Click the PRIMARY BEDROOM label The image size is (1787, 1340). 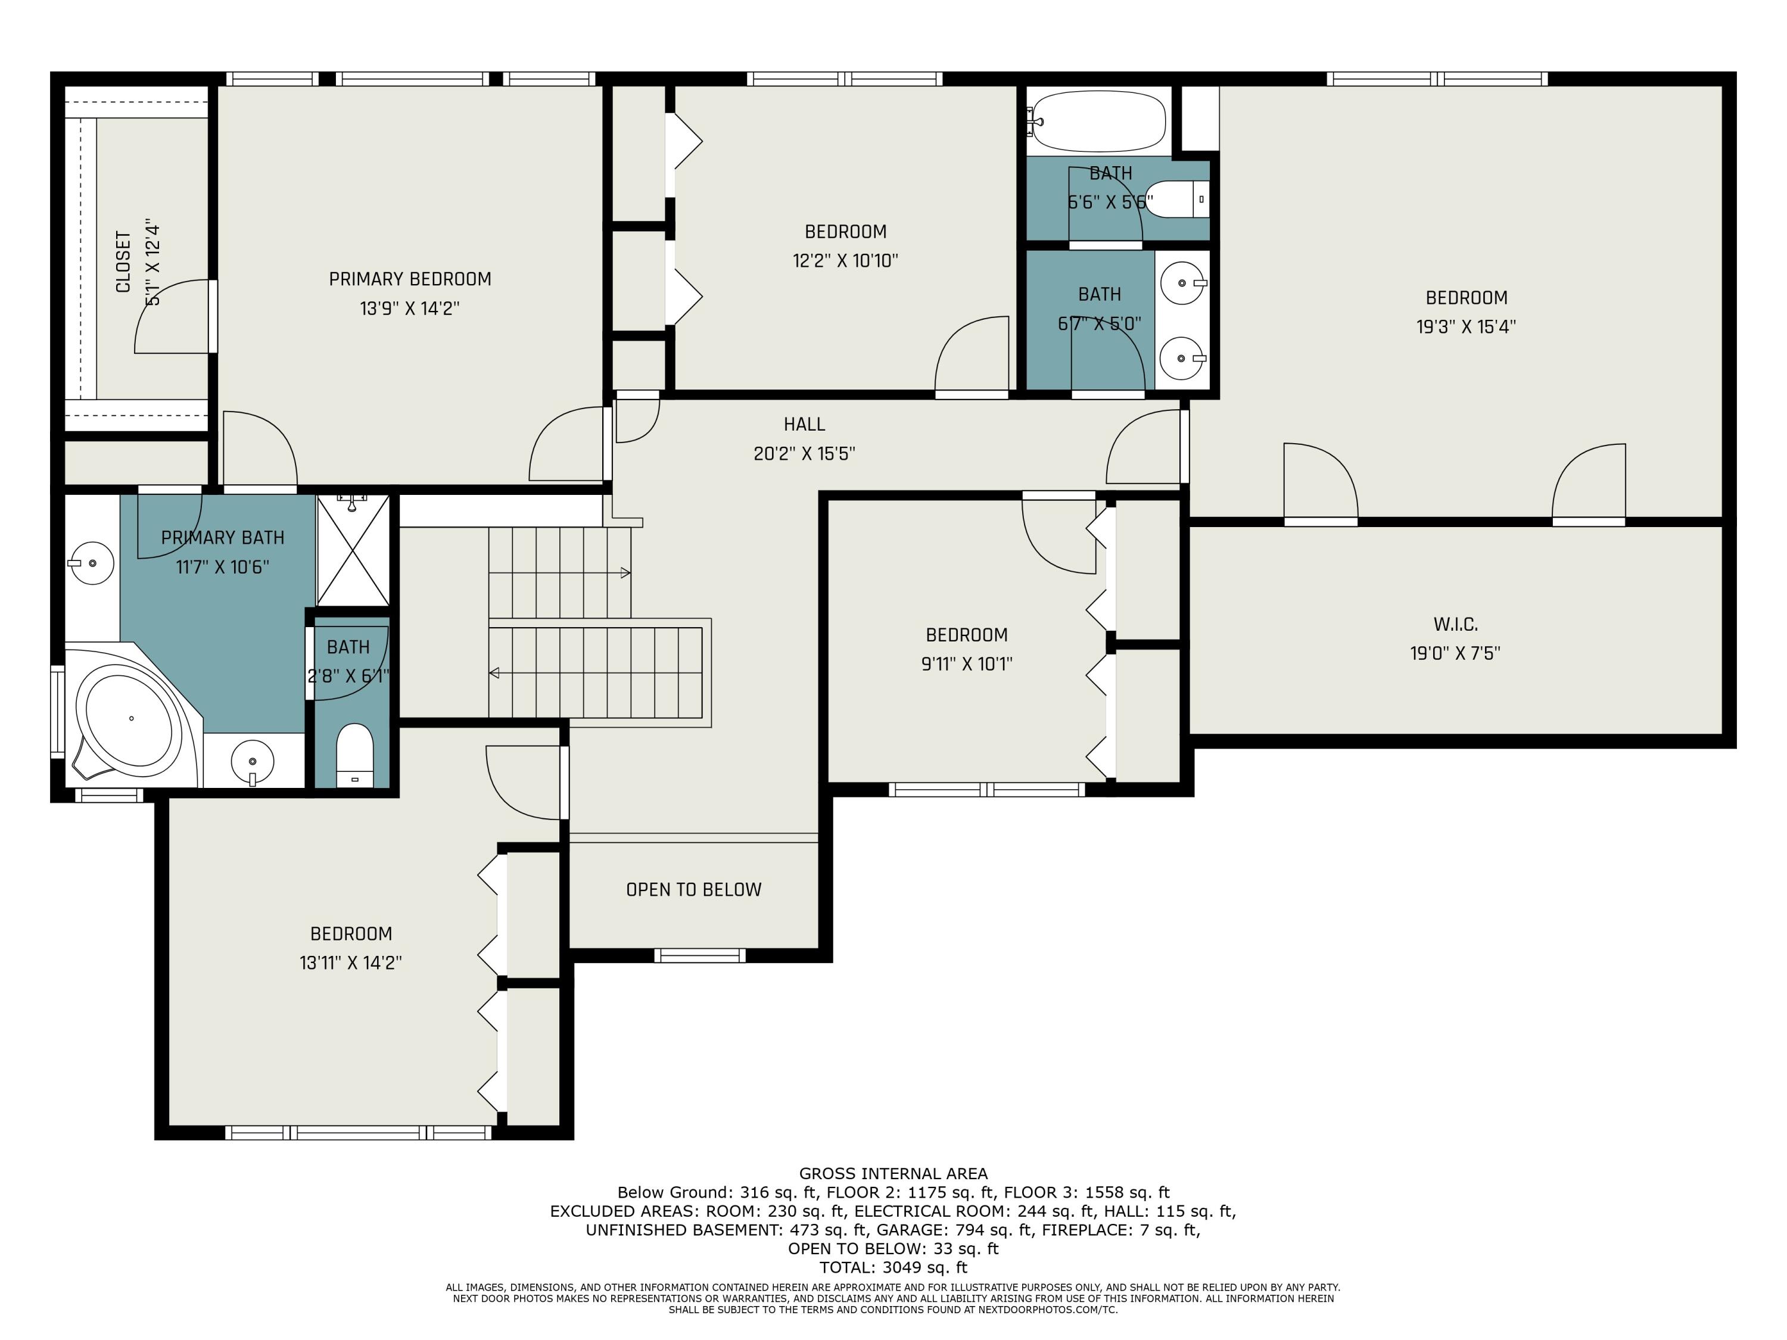pos(410,279)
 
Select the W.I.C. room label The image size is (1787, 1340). pos(1455,624)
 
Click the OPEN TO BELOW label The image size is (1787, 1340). pos(693,889)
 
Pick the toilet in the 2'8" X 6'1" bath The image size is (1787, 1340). pos(354,755)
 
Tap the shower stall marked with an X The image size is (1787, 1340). pos(353,550)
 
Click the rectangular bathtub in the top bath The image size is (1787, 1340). pos(1097,121)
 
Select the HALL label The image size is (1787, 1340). pos(804,424)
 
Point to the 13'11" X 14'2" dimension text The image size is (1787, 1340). pos(351,963)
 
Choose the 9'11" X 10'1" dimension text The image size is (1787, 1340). pos(966,664)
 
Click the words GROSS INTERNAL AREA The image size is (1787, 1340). pos(893,1174)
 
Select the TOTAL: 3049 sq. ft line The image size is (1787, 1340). pos(893,1267)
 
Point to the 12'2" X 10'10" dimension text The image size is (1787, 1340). pos(845,261)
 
